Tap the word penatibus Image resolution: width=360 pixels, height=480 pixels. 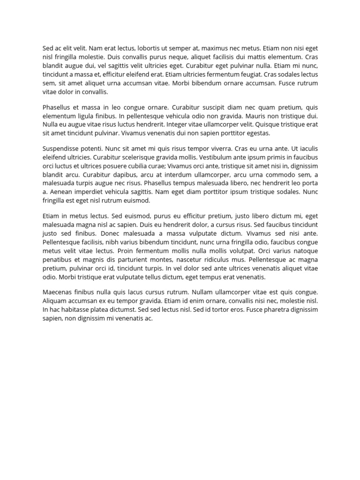point(58,260)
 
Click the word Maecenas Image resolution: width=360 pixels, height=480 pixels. point(58,292)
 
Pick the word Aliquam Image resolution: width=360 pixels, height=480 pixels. point(55,301)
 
